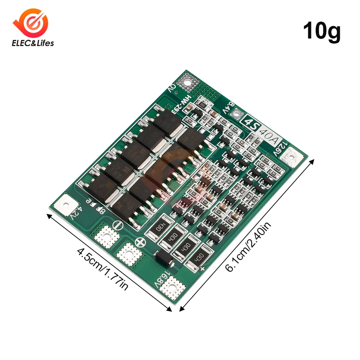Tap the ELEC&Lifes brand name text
(x=33, y=43)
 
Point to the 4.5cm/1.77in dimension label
(x=102, y=269)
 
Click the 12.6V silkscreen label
(x=282, y=148)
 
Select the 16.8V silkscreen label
(x=160, y=277)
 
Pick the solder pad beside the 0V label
(x=188, y=81)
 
